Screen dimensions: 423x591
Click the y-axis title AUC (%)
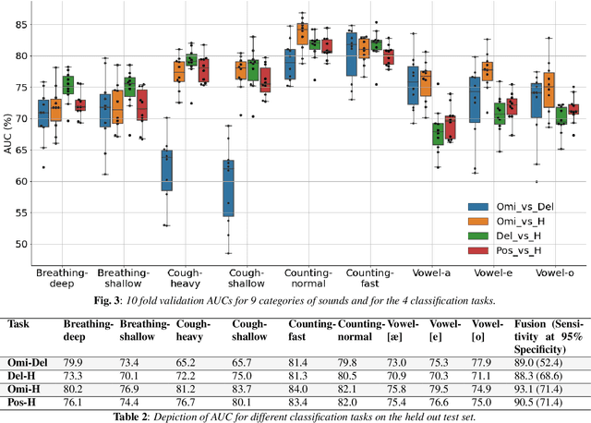[x=6, y=139]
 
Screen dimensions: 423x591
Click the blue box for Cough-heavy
[x=166, y=170]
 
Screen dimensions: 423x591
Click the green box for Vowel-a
[x=437, y=134]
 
